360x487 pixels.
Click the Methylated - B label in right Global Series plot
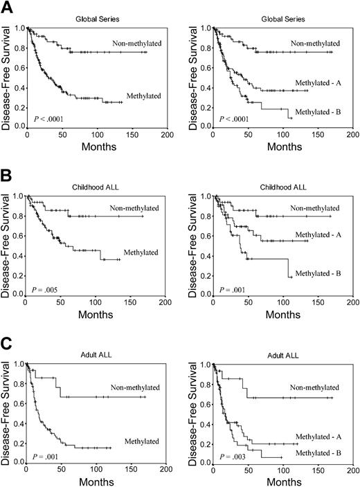(318, 112)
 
